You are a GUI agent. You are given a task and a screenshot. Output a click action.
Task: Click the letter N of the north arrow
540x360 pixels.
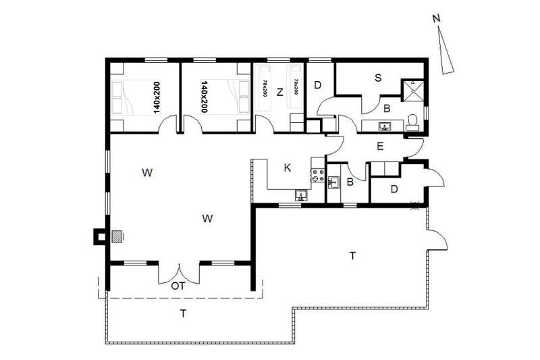pos(436,18)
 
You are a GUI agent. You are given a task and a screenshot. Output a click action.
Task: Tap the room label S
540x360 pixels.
pos(378,78)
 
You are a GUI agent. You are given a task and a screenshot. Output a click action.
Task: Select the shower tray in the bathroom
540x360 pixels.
pos(412,91)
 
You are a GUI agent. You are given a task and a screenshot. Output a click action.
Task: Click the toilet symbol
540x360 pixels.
pos(412,122)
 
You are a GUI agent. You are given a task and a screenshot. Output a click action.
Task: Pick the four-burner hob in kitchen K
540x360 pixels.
pos(318,175)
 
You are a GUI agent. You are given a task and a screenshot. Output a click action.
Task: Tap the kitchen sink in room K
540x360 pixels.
pos(302,195)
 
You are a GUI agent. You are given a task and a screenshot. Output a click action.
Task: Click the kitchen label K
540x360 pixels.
pos(288,168)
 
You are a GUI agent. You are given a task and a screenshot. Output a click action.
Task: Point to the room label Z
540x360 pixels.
pos(279,92)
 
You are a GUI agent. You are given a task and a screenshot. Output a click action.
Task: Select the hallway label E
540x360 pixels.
pos(380,147)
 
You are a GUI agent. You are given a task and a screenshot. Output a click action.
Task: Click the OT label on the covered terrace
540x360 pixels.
pos(178,286)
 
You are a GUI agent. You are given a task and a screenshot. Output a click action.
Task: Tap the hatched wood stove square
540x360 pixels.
pos(117,236)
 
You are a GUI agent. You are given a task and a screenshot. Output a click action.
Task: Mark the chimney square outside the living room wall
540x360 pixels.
pos(101,237)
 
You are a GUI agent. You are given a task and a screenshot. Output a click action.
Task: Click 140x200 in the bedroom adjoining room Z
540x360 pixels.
pos(204,97)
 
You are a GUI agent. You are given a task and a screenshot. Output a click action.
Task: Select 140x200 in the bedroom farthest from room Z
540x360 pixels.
pos(157,97)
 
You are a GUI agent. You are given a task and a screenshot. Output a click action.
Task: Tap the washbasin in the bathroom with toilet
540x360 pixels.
pos(384,126)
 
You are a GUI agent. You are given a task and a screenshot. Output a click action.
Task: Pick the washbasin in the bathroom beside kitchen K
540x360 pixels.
pos(333,182)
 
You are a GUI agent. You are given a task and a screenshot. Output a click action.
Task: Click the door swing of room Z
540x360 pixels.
pos(264,124)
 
